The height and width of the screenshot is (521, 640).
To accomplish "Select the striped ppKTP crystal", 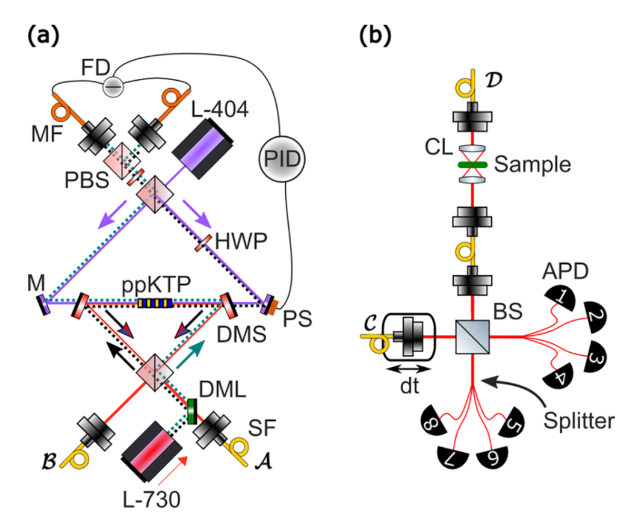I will click(153, 303).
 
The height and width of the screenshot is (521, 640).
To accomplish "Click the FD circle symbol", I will click(112, 86).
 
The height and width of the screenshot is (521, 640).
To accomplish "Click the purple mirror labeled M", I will click(45, 305).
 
